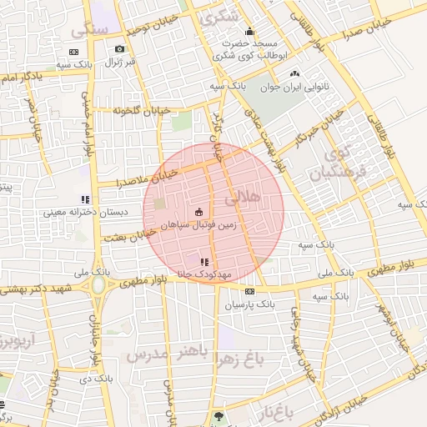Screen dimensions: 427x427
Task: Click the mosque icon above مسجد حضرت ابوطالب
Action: tap(248, 33)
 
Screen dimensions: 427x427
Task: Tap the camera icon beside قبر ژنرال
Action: tap(120, 49)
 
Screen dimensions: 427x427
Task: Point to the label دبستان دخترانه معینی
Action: tap(87, 213)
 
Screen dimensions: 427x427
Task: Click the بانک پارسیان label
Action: tap(249, 305)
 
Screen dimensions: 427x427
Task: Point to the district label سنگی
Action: tap(89, 30)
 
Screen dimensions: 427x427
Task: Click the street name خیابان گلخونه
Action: tap(146, 111)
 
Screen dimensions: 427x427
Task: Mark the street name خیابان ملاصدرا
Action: tap(147, 178)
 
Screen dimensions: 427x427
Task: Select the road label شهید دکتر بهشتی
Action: tap(38, 288)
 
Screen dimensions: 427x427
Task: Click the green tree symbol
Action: tap(219, 414)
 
